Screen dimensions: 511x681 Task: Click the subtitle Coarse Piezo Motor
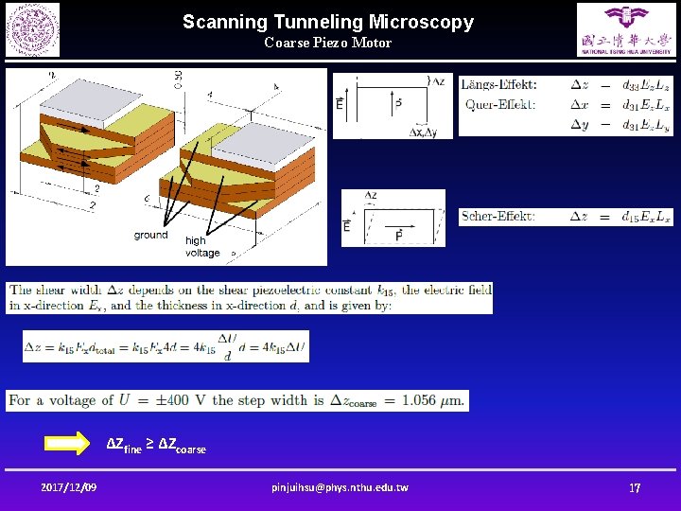point(327,43)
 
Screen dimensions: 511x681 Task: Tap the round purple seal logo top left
point(32,29)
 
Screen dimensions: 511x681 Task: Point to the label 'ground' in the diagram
point(150,235)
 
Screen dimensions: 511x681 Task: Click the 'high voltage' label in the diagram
point(202,247)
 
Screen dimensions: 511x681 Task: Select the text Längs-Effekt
point(498,84)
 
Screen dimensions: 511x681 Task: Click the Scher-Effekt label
point(498,217)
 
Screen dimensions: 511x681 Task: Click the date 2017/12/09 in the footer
point(68,487)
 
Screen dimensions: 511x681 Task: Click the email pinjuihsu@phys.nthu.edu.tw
point(340,487)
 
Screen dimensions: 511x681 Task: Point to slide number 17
point(635,487)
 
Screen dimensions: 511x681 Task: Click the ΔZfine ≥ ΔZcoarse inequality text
point(155,444)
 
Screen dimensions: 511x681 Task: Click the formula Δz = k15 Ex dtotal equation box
point(166,346)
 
